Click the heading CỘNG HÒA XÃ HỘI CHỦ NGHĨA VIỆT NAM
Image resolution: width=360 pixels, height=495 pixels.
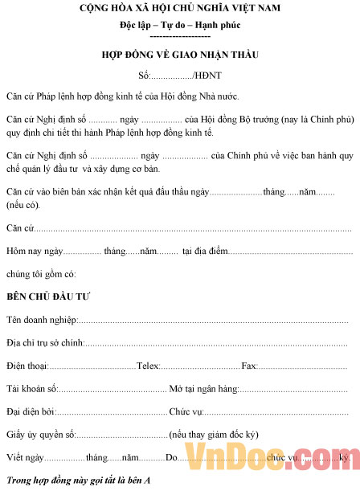click(x=179, y=9)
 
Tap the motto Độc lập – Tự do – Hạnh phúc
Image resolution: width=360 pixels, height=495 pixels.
click(x=179, y=26)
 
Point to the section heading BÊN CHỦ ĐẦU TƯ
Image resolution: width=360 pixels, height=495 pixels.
click(x=48, y=297)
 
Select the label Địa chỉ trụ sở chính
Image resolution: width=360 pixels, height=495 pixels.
click(x=44, y=343)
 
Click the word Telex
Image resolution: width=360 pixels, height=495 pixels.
click(x=148, y=366)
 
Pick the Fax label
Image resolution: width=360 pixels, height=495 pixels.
click(x=248, y=366)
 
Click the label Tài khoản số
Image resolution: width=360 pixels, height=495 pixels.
click(x=31, y=389)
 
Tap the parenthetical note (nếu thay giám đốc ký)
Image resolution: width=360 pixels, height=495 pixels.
click(x=214, y=436)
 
